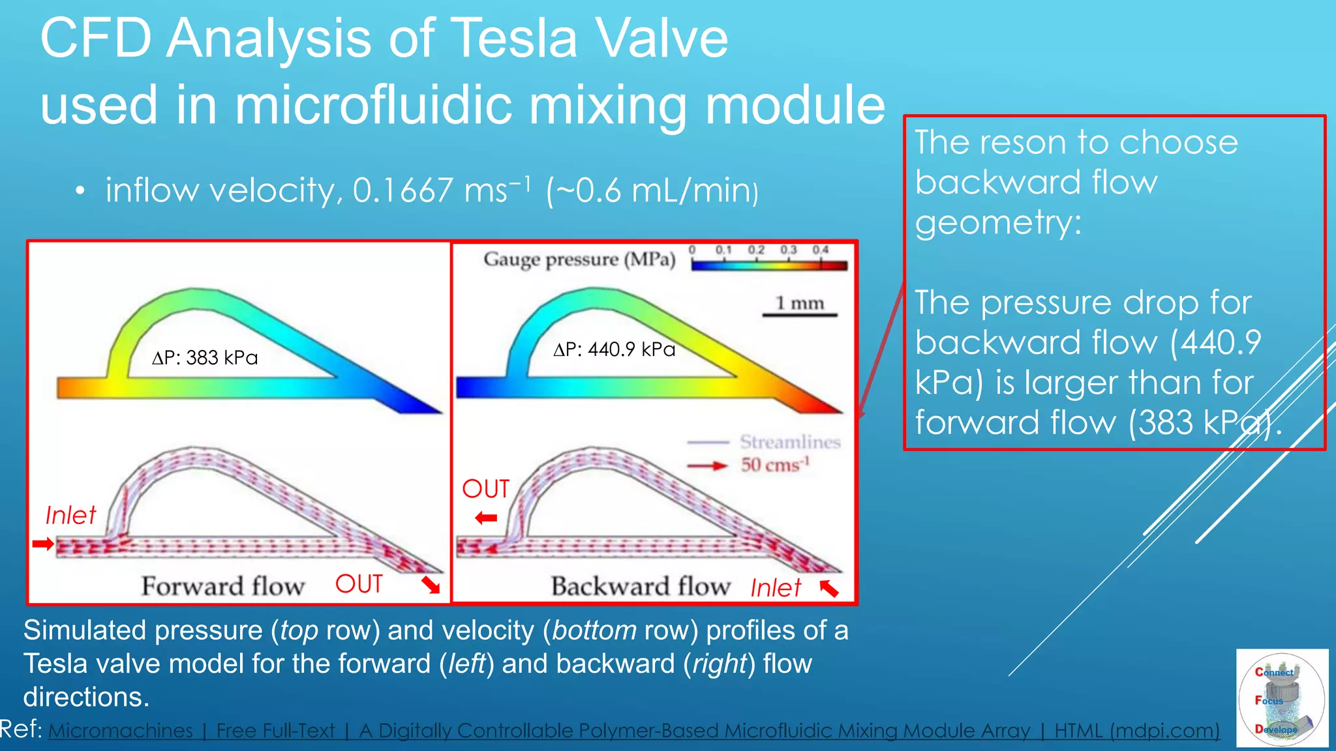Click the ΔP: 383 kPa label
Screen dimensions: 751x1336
click(205, 358)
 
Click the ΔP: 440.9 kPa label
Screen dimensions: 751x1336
click(614, 350)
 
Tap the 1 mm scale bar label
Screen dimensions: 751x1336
click(799, 303)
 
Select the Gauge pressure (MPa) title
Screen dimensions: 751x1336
click(579, 259)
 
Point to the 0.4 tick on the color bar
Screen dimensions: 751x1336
click(820, 250)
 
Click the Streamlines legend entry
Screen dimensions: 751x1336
click(789, 442)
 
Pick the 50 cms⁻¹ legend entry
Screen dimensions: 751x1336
click(774, 465)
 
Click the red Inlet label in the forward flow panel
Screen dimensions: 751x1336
click(70, 516)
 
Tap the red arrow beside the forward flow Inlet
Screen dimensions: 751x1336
click(43, 544)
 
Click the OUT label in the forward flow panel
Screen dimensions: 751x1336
click(359, 583)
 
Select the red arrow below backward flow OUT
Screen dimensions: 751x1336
click(486, 518)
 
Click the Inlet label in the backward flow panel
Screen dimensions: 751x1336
click(775, 588)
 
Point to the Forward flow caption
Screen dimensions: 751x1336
click(223, 586)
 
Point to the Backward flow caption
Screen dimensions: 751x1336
click(640, 586)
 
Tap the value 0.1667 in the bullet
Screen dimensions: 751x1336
click(402, 191)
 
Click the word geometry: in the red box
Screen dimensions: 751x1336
click(997, 223)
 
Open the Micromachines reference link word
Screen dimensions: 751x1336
click(121, 731)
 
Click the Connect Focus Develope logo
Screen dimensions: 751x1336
click(1281, 698)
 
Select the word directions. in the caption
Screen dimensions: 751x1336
click(86, 698)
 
